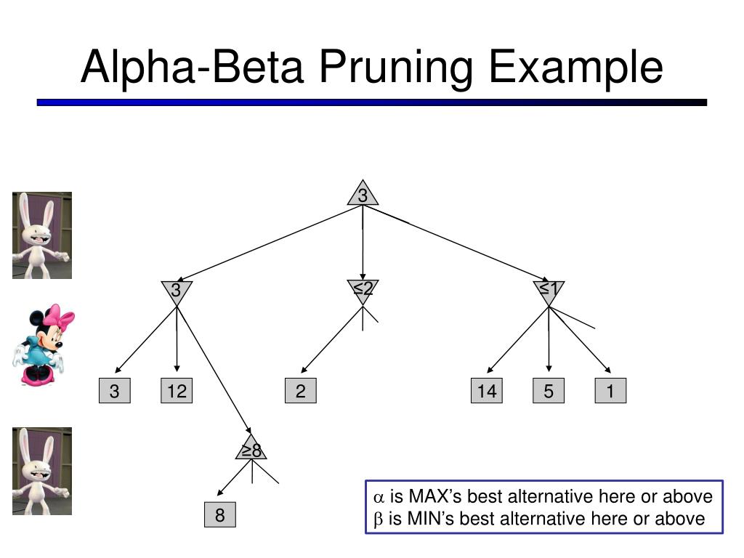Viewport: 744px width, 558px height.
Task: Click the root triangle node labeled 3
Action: pos(363,195)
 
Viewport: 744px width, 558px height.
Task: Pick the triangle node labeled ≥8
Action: pos(251,449)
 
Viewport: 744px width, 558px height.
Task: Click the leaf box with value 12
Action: pos(177,390)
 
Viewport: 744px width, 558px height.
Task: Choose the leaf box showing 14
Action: pos(486,390)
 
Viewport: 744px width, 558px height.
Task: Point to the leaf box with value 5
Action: pos(549,390)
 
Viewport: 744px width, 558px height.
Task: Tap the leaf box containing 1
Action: pos(610,390)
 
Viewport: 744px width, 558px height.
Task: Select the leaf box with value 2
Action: pos(300,390)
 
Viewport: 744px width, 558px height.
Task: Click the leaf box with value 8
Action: pos(219,514)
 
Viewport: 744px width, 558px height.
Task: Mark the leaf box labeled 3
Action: pos(114,390)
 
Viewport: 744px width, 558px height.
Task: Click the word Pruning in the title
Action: pos(396,68)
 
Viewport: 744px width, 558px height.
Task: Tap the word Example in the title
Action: pos(575,68)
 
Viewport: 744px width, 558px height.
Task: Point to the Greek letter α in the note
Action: pos(378,497)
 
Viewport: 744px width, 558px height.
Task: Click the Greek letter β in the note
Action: pos(378,519)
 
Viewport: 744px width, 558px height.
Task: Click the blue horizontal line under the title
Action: pos(371,102)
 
